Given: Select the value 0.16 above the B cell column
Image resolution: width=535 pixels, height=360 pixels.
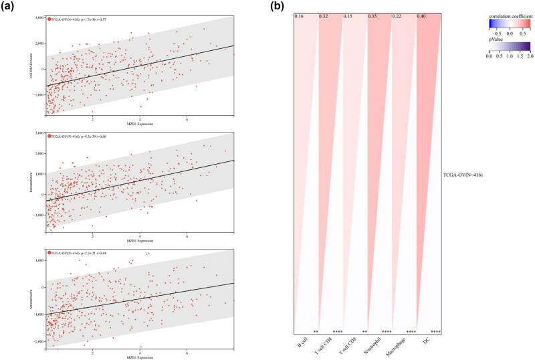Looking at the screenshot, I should point(299,15).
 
